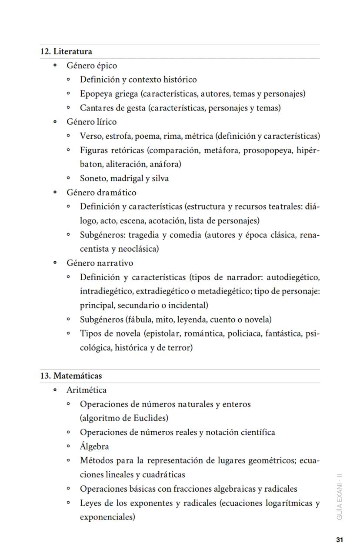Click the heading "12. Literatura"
coord(66,51)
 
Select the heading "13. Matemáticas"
coord(71,376)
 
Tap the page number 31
coord(340,540)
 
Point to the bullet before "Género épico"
coord(55,66)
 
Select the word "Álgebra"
coord(94,447)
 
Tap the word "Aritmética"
coord(86,390)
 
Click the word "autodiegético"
coord(293,277)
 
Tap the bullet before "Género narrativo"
coord(55,263)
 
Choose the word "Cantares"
coord(97,108)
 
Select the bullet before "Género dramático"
coord(55,193)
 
